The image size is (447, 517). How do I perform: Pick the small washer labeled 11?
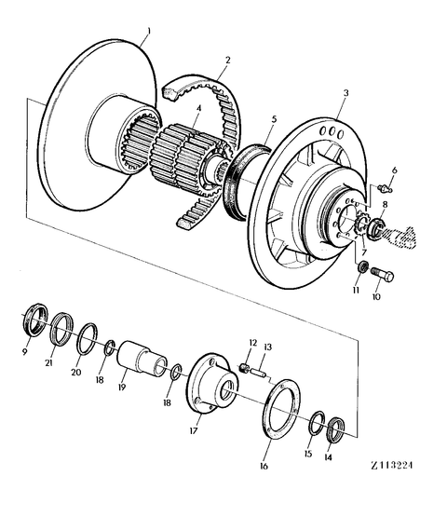(x=361, y=268)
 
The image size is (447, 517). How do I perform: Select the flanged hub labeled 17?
(x=210, y=384)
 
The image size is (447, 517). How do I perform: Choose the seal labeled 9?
(x=34, y=321)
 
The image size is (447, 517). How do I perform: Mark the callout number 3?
(x=345, y=94)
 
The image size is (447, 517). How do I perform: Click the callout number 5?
(x=273, y=120)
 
